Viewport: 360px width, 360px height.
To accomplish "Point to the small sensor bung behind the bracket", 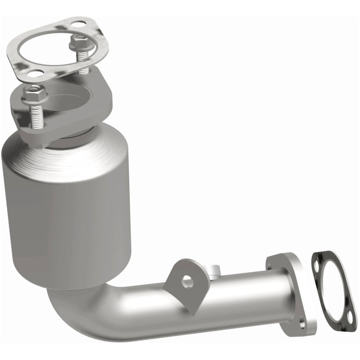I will point(213,270).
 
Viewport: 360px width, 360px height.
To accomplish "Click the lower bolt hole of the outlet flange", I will point(302,321).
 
